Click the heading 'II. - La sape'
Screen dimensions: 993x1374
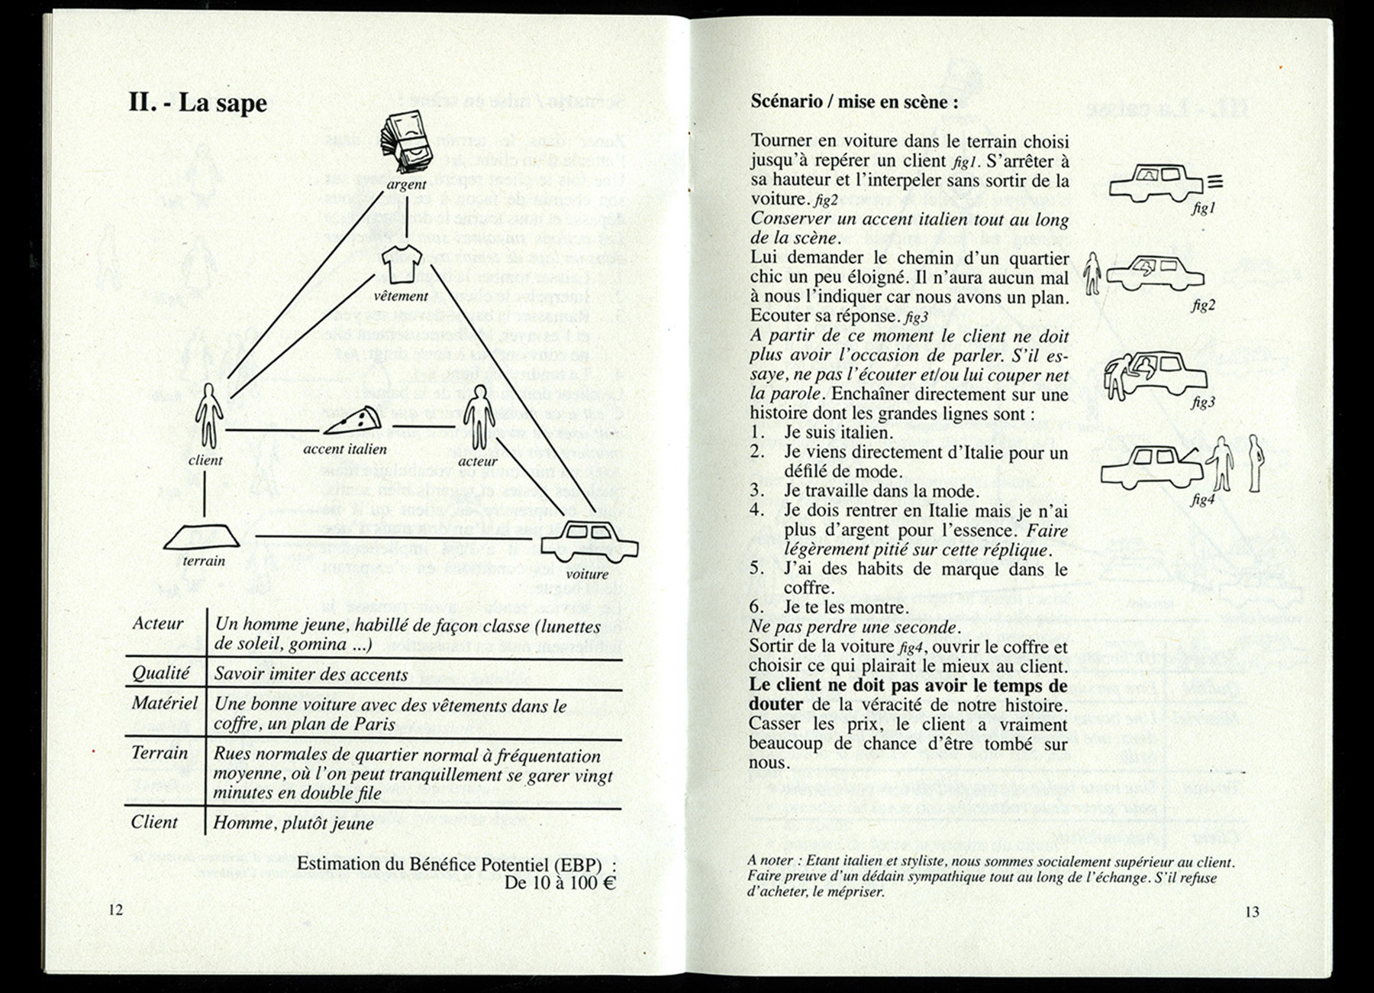click(x=198, y=102)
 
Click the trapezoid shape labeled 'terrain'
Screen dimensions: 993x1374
click(x=202, y=538)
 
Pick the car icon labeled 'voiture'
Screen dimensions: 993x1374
click(x=589, y=541)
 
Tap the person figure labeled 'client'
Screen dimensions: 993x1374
click(x=208, y=417)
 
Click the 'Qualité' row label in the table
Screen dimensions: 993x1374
click(x=161, y=673)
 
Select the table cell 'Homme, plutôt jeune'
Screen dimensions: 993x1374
click(x=293, y=823)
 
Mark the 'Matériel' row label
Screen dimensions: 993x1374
click(x=164, y=703)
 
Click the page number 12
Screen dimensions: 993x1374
click(x=115, y=909)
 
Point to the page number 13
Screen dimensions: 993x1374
click(x=1252, y=911)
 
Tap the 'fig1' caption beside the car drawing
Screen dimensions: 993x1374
click(x=1202, y=208)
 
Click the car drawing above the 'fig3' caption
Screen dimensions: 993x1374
click(x=1156, y=374)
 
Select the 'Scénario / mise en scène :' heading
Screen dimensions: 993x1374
click(x=853, y=102)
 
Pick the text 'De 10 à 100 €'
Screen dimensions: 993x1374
click(x=560, y=884)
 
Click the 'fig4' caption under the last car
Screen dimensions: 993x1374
click(x=1201, y=500)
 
